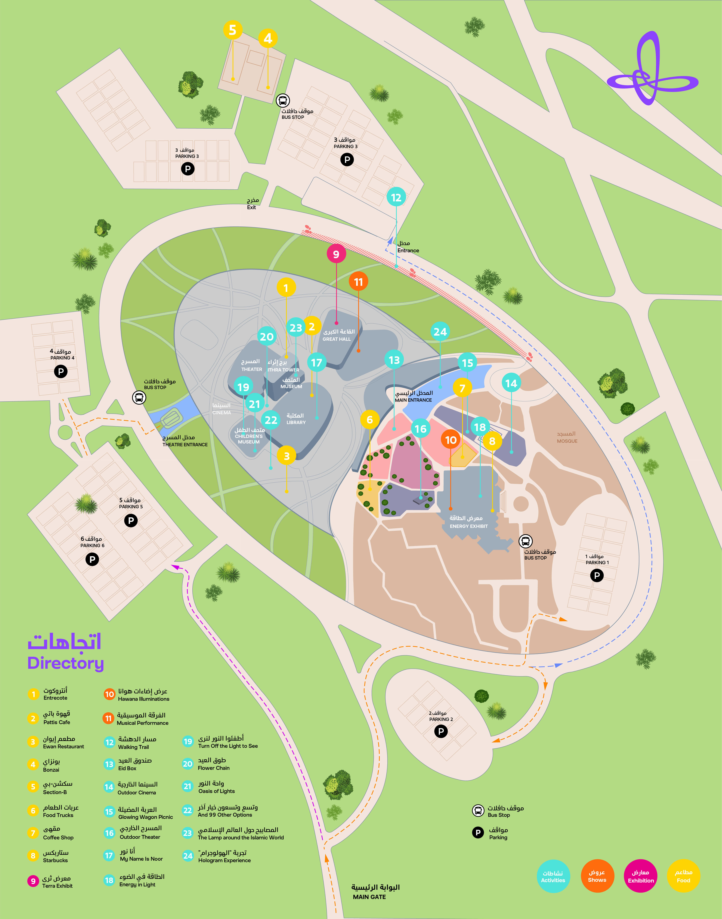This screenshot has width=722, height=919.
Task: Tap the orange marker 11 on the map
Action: tap(359, 282)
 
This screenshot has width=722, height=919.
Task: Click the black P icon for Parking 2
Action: tap(441, 731)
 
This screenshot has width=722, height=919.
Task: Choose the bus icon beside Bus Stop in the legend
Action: tap(478, 811)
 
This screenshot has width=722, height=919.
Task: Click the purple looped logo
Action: tap(651, 70)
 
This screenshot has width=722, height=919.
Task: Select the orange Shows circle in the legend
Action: tap(597, 876)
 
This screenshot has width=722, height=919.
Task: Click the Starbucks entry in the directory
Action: tap(55, 856)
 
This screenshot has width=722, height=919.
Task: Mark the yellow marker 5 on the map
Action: tap(233, 30)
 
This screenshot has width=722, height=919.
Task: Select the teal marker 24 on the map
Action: tap(440, 332)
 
